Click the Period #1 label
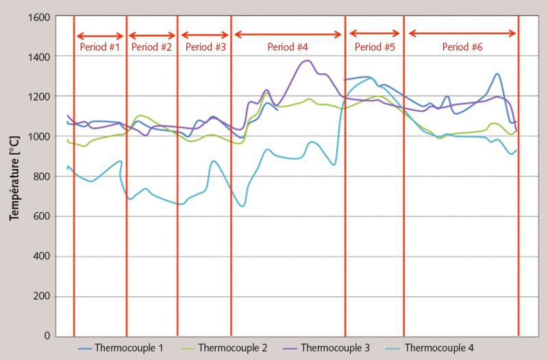(x=99, y=48)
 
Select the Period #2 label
(x=151, y=48)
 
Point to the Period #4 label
(x=288, y=48)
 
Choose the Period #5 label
(x=375, y=48)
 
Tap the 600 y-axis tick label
(x=39, y=217)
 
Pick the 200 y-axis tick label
(x=39, y=297)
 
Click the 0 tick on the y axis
(x=46, y=337)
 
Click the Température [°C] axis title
(x=14, y=177)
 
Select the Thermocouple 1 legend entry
(x=121, y=348)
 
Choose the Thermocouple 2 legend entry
(x=224, y=348)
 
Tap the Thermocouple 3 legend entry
(x=326, y=348)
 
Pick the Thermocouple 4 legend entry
(x=429, y=348)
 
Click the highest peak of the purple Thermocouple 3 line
(x=307, y=60)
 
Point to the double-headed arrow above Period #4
(x=288, y=34)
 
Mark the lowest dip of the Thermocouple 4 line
(x=242, y=206)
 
